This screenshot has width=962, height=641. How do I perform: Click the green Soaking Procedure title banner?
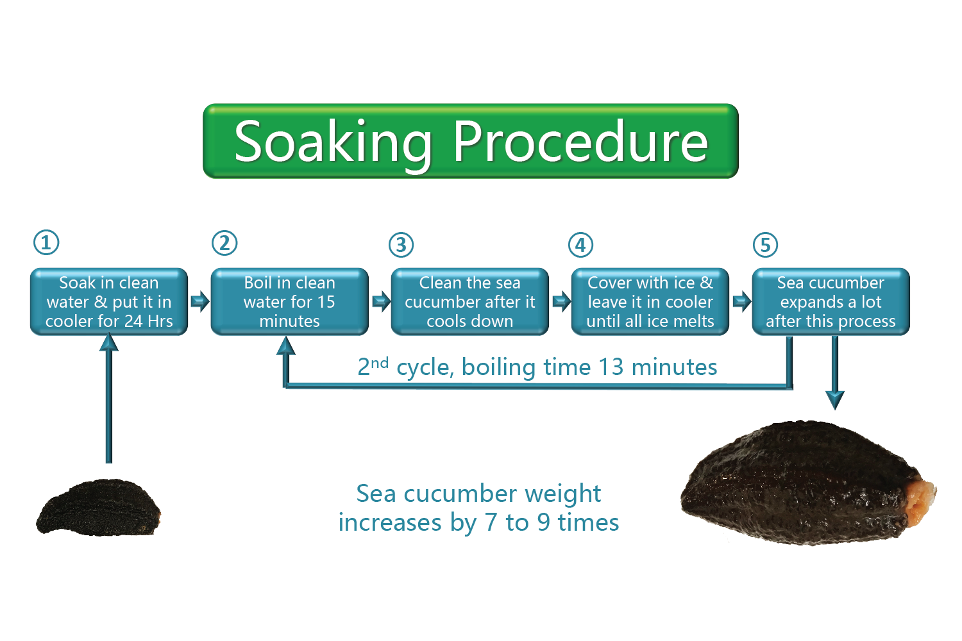(x=471, y=141)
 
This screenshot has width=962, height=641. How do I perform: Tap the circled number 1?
(x=46, y=242)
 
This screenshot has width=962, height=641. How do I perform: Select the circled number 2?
(x=224, y=243)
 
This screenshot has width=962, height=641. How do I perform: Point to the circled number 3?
(x=401, y=245)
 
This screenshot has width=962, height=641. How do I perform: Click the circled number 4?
(x=580, y=245)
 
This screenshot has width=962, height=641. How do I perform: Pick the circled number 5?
(x=765, y=245)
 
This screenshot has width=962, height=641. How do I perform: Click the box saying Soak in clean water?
(x=109, y=301)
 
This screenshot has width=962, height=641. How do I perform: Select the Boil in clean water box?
(x=289, y=301)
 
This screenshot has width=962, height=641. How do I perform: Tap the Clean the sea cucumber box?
(x=470, y=301)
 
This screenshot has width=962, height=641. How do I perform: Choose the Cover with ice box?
(x=650, y=301)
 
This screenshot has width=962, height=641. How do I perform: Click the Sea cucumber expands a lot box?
(x=831, y=301)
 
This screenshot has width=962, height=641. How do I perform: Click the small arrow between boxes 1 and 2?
(x=199, y=301)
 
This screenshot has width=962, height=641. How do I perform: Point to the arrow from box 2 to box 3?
(x=381, y=301)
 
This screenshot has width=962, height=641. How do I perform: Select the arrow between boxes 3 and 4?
(x=561, y=301)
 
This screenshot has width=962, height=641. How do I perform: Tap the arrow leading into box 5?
(x=741, y=301)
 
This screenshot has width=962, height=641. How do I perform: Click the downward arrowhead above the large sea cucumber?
(x=835, y=400)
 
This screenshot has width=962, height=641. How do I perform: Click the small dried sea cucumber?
(x=99, y=507)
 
